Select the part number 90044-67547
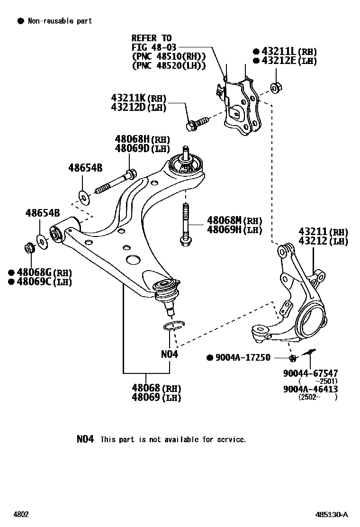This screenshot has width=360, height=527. pyautogui.click(x=311, y=373)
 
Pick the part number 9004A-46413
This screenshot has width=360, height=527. pyautogui.click(x=311, y=389)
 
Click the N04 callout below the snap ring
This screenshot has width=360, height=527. pyautogui.click(x=169, y=354)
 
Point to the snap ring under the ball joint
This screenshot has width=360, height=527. pyautogui.click(x=172, y=326)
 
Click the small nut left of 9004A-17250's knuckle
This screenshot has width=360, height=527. pyautogui.click(x=292, y=357)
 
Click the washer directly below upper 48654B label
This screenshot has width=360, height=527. pyautogui.click(x=83, y=195)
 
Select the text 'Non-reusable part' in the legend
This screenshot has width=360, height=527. pyautogui.click(x=60, y=21)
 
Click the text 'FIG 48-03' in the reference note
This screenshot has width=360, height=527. pyautogui.click(x=152, y=47)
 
